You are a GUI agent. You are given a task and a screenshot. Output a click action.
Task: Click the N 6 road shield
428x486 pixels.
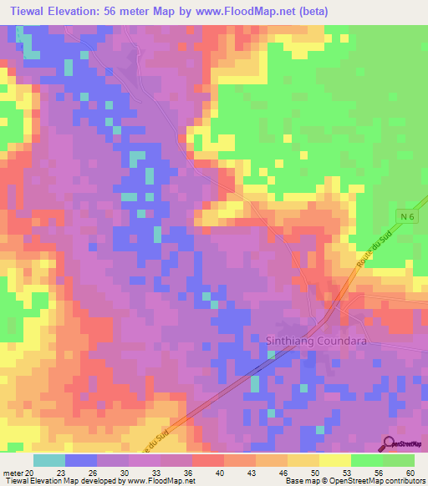(406, 217)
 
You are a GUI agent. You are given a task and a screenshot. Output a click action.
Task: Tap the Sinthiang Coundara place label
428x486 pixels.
(322, 341)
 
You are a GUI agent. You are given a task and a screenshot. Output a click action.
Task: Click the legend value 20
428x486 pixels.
(31, 473)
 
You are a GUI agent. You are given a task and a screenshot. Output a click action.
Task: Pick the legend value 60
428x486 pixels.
(410, 473)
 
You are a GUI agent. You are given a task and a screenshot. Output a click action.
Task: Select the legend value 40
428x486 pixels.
(220, 473)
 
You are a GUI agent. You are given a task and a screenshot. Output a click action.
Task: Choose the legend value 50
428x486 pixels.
(315, 473)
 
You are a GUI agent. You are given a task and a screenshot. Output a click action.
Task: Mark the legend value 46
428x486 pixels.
(283, 473)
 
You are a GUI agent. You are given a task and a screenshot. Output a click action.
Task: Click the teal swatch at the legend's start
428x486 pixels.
(49, 460)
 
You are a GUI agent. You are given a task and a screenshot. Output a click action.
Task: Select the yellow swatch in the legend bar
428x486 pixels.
(334, 460)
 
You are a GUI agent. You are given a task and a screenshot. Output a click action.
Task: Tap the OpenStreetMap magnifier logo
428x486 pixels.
(389, 443)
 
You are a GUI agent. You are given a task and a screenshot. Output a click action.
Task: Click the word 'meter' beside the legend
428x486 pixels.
(13, 473)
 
